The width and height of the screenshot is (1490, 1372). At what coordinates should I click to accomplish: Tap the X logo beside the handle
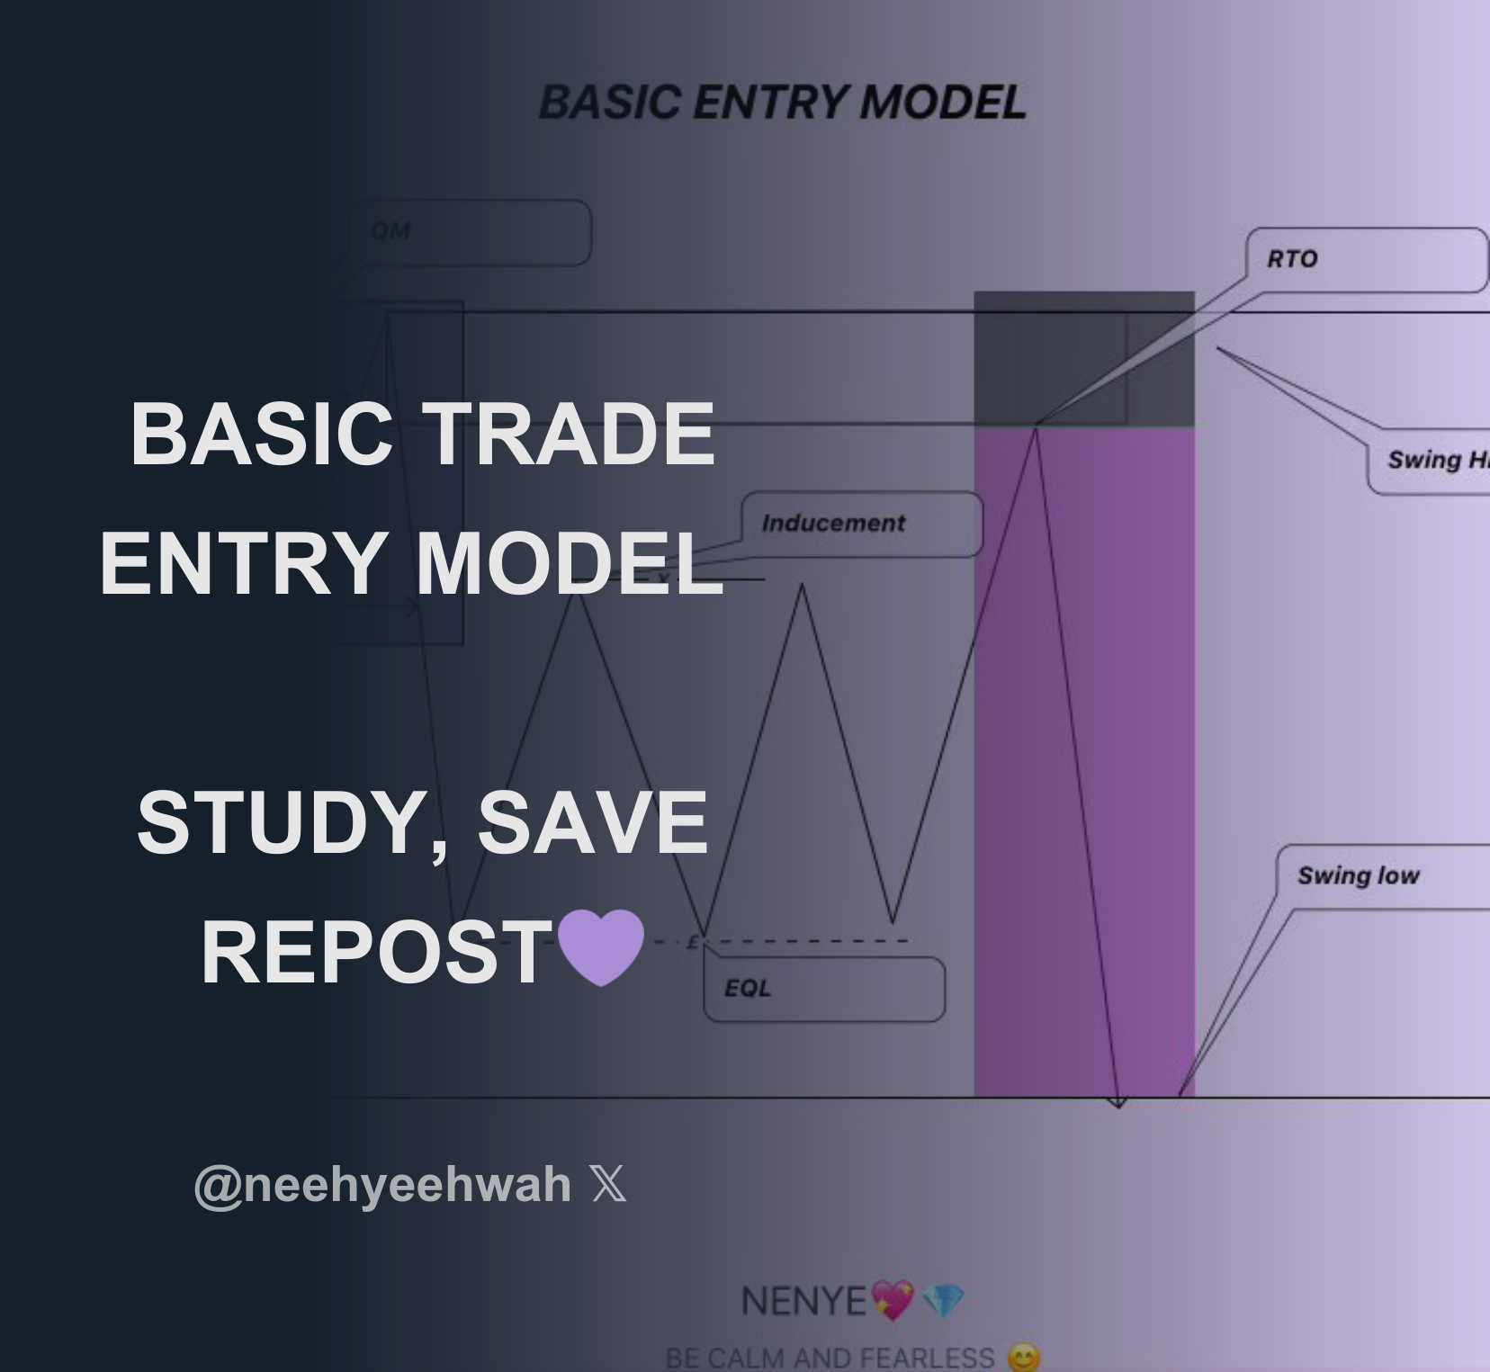[x=608, y=1184]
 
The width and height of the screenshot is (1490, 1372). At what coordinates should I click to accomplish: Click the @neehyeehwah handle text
[x=382, y=1184]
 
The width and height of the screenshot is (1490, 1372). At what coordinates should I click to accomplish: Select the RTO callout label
[x=1292, y=259]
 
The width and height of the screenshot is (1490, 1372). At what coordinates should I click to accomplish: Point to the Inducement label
[x=833, y=523]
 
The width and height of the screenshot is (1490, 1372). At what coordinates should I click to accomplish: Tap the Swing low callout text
[x=1358, y=875]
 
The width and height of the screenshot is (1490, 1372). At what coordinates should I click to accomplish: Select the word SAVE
[x=592, y=822]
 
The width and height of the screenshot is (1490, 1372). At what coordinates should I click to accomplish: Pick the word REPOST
[x=376, y=953]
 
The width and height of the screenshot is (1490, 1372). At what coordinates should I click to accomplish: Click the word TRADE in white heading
[x=569, y=435]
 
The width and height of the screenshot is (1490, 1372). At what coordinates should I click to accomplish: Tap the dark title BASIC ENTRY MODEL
[x=782, y=103]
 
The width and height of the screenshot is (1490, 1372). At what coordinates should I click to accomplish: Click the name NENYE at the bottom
[x=803, y=1301]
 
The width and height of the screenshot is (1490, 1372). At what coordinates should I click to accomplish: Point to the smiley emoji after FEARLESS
[x=1024, y=1358]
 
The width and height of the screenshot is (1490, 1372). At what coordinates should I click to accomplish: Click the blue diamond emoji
[x=943, y=1300]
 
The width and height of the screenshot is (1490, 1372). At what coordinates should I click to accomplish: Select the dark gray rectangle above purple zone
[x=1083, y=358]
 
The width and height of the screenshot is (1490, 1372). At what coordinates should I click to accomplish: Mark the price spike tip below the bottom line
[x=1118, y=1105]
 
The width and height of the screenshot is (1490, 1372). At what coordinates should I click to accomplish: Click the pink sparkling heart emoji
[x=893, y=1301]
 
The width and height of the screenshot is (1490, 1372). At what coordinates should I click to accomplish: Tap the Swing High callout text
[x=1436, y=461]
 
